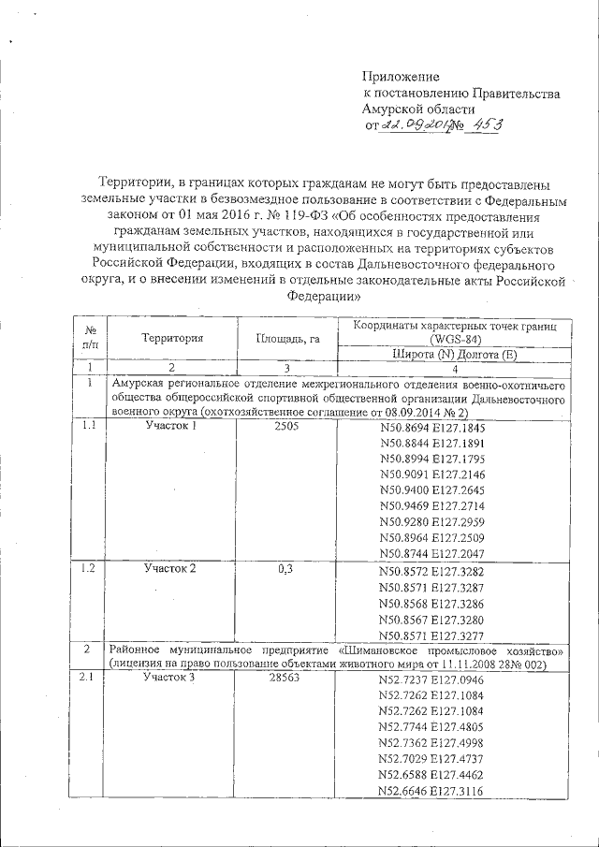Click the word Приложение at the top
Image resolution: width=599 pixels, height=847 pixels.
click(x=401, y=76)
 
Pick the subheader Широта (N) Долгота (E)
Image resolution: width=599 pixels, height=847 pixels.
click(x=453, y=354)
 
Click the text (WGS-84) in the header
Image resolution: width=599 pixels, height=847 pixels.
click(x=454, y=339)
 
